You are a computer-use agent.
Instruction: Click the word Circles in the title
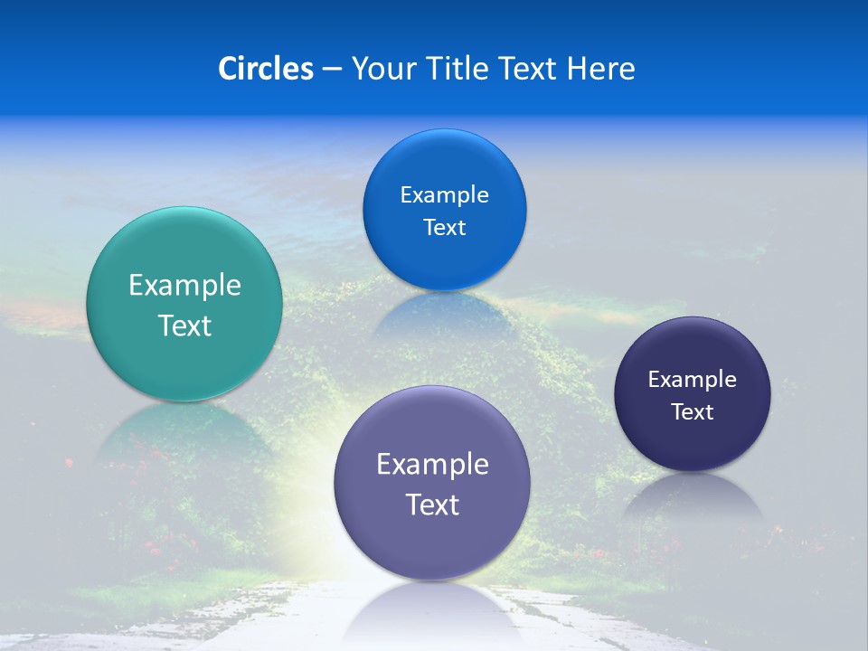266,69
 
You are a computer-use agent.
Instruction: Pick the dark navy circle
693,443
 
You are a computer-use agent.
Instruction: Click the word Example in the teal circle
184,286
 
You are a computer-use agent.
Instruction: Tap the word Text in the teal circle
184,325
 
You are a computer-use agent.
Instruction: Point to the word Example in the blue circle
444,194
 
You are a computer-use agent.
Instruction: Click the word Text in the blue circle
444,227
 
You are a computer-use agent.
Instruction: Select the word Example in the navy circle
693,380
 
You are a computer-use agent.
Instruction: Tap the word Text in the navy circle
693,412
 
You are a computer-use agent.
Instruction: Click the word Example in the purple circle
432,465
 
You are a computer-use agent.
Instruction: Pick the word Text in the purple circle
432,505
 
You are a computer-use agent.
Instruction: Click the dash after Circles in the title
331,69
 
